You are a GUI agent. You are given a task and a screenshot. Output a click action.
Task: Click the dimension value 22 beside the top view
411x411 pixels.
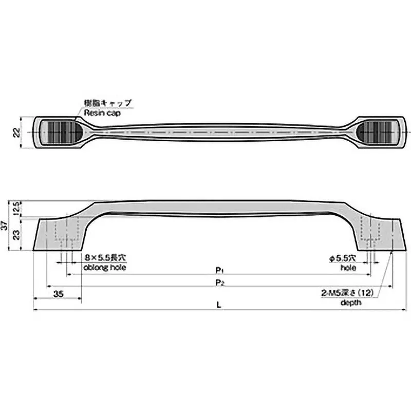pos(16,133)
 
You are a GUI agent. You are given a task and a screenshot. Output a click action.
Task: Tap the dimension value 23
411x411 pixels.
pos(16,234)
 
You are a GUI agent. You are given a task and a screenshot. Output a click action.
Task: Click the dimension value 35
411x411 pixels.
pos(58,294)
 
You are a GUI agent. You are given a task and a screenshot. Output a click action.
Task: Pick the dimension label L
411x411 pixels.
pos(219,304)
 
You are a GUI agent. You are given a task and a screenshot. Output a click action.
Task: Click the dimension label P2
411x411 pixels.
pos(219,282)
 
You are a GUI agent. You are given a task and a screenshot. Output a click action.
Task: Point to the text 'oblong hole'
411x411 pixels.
pos(104,268)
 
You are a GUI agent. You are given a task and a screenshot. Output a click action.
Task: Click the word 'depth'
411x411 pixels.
pos(351,303)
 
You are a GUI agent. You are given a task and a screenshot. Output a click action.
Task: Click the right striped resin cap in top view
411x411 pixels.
pos(377,133)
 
